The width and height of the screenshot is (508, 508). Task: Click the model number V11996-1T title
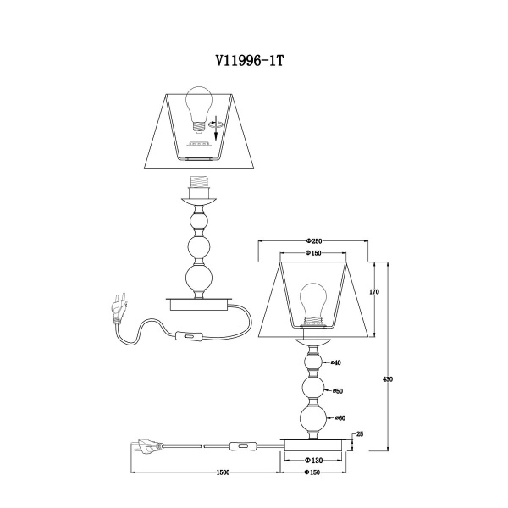tap(250, 61)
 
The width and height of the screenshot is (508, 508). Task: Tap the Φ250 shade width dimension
tap(313, 240)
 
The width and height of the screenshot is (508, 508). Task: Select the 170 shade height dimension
tap(374, 292)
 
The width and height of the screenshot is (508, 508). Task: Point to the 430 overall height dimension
tap(388, 379)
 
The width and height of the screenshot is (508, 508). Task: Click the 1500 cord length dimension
tap(223, 472)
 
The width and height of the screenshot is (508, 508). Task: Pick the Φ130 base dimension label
tap(313, 460)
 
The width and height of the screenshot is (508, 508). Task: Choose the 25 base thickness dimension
tap(360, 434)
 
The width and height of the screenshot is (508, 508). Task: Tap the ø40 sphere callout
tap(336, 363)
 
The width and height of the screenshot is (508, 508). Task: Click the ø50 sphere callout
tap(338, 391)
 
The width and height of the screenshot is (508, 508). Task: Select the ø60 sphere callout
tap(340, 418)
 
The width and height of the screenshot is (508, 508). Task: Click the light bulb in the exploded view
tap(199, 108)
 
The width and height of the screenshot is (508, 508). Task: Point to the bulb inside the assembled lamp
tap(312, 304)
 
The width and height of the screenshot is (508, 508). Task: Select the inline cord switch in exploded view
tap(189, 337)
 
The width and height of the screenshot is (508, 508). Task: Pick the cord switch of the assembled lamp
tap(243, 447)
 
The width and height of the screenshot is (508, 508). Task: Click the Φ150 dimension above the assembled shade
tap(313, 253)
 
